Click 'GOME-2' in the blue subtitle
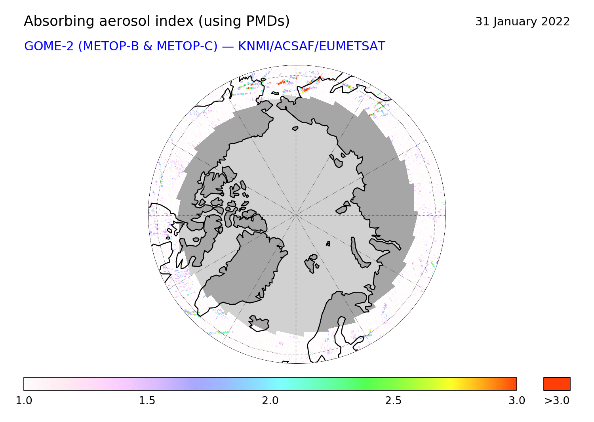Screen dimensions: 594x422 [49, 46]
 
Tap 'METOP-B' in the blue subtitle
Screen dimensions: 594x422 [111, 46]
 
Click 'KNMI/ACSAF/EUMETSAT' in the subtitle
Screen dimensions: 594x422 [312, 46]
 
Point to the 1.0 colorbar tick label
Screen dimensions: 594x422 [24, 401]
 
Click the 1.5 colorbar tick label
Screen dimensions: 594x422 [147, 401]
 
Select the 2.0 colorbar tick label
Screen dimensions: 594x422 [270, 401]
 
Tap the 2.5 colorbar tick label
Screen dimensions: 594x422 [393, 401]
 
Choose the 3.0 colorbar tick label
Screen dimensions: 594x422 [516, 401]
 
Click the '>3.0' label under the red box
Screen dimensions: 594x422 [557, 401]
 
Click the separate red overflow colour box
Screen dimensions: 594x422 [557, 384]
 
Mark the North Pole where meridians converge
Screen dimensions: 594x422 [296, 215]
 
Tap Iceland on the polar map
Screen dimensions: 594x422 [259, 323]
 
